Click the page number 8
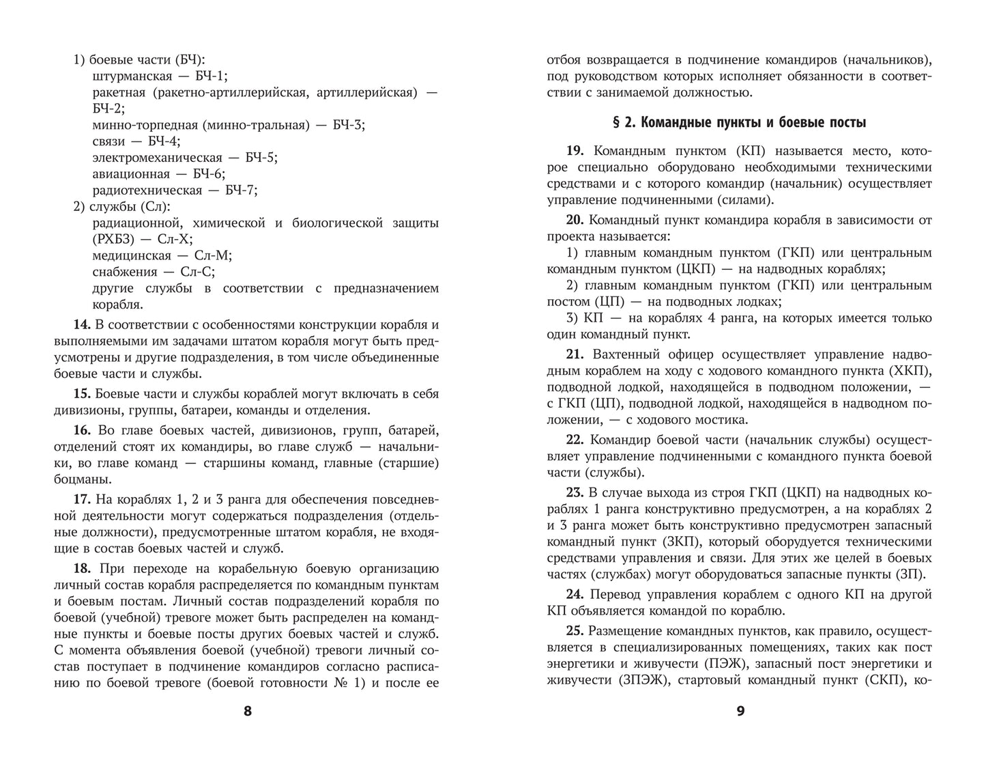click(248, 711)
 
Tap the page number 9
click(740, 711)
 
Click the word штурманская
click(132, 76)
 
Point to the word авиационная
click(131, 174)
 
